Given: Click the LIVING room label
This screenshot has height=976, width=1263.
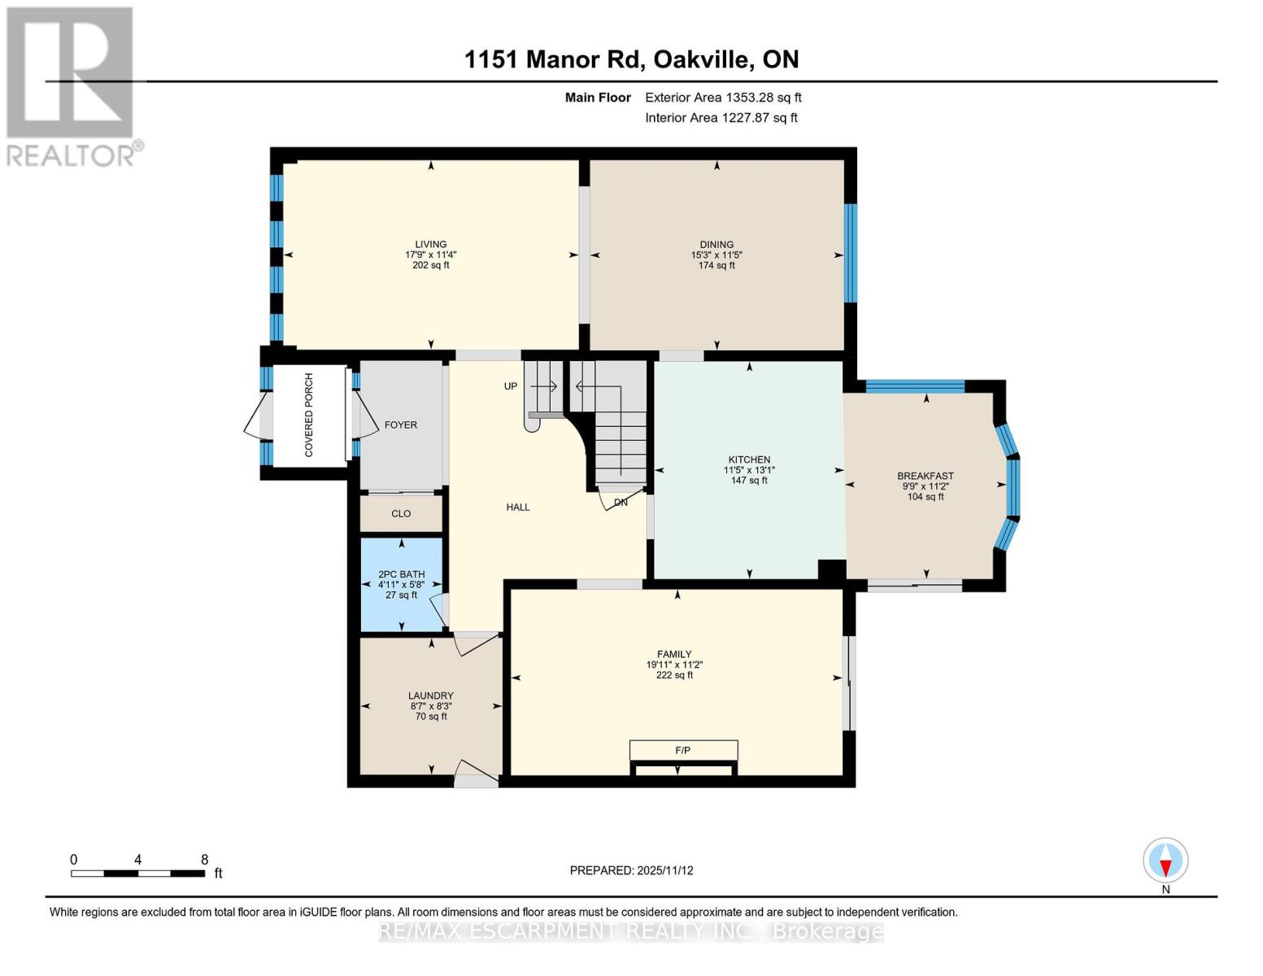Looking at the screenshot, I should click(430, 244).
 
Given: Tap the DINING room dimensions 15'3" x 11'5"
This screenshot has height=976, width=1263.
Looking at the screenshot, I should click(716, 255).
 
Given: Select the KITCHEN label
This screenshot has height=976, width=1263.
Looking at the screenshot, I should click(748, 460).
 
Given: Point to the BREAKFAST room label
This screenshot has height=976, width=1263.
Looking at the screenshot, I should click(925, 476).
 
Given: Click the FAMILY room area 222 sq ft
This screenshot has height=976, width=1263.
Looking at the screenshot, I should click(674, 675).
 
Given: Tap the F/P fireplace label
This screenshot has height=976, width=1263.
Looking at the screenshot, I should click(683, 750).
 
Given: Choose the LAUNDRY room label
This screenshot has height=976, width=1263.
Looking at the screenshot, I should click(430, 695).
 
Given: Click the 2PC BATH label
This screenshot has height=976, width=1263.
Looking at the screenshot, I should click(401, 574).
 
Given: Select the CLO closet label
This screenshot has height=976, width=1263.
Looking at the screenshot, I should click(401, 513).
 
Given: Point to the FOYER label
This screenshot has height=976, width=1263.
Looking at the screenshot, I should click(400, 425).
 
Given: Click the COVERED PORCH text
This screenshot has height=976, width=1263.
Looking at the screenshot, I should click(309, 415).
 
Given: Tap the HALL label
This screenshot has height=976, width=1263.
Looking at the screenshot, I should click(518, 507).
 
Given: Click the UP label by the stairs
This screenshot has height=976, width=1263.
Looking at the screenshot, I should click(510, 386).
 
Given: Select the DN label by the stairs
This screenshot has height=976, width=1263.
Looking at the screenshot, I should click(621, 503).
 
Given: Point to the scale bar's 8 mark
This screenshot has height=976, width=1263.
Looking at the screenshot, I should click(204, 860).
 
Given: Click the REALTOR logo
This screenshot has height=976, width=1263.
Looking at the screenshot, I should click(72, 85).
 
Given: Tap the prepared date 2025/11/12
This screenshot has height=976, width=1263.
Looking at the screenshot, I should click(665, 870).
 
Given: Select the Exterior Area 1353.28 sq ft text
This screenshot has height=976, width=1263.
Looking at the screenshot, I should click(723, 98).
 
